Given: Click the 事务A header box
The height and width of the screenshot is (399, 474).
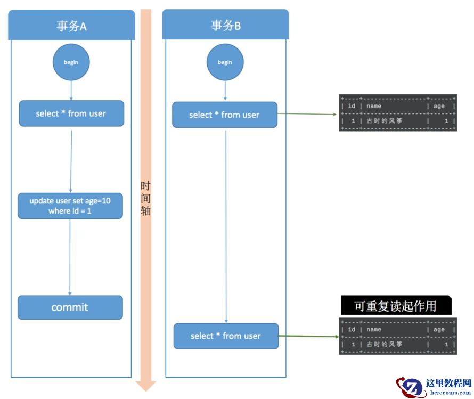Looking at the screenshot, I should coord(71,26).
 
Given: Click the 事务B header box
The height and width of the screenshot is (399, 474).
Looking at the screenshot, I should coord(225,25).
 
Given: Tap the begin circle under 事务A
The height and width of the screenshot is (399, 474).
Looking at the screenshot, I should coord(71,62).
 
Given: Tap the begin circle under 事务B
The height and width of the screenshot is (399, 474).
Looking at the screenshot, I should coord(225,62).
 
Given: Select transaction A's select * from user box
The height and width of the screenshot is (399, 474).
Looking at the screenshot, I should coord(71,113).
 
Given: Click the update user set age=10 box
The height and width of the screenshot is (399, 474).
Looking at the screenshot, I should coord(70,206).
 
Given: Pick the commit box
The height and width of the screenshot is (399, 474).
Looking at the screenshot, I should coord(70,307).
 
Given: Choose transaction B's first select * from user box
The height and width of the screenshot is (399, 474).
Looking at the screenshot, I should coord(224,115).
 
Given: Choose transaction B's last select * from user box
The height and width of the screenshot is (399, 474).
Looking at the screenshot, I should coord(226,336).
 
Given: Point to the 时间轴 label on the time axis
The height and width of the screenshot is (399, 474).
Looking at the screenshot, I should coord(145,198).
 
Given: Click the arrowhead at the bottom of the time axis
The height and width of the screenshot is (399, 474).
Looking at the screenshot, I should coord(146,385).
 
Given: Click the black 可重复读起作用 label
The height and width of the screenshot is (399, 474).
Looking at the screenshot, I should coord(395,306).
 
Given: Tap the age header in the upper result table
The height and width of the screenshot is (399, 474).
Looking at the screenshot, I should coord(438,106).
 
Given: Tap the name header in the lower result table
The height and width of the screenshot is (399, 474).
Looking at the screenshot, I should coord(374,330).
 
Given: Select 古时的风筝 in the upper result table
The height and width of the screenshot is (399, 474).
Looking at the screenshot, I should coord(384,121).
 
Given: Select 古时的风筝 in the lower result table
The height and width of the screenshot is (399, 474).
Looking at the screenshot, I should coord(384,345).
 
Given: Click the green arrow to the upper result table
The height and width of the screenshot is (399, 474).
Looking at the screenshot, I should coord(307,114).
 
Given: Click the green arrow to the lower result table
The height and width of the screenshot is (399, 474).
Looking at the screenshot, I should coord(309,336).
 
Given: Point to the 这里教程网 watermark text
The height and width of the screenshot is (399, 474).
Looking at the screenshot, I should coord(448,384).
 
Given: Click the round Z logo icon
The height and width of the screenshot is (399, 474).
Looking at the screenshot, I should coord(411,387).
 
